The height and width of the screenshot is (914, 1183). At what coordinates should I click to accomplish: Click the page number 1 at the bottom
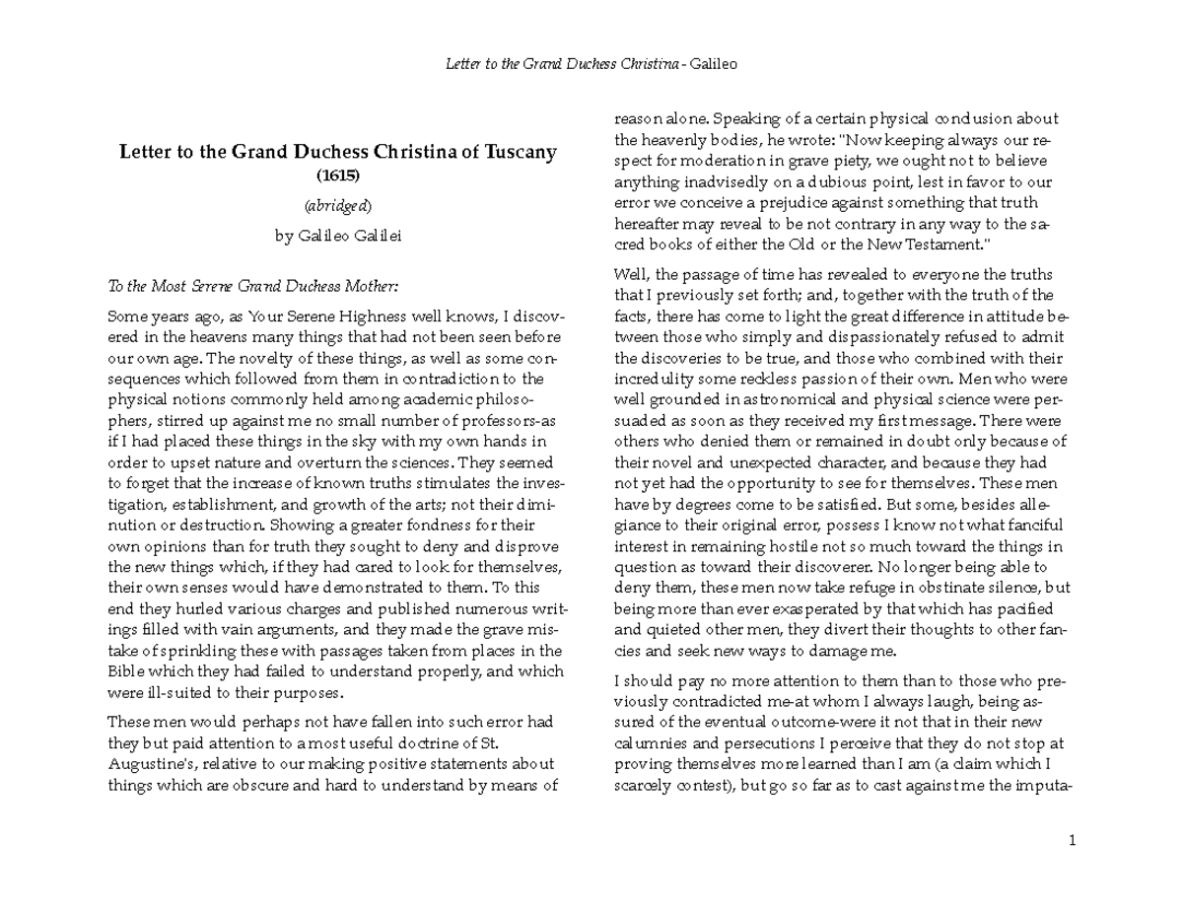click(x=1072, y=841)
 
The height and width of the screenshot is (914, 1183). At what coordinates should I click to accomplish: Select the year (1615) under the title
click(x=338, y=176)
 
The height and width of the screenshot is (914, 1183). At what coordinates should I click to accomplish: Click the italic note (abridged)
click(x=338, y=206)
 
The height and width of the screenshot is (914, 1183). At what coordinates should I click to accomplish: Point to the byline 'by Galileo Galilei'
click(x=338, y=237)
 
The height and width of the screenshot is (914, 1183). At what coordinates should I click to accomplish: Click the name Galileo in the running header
click(x=714, y=65)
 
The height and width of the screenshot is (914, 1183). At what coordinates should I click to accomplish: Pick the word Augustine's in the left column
click(x=149, y=764)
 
